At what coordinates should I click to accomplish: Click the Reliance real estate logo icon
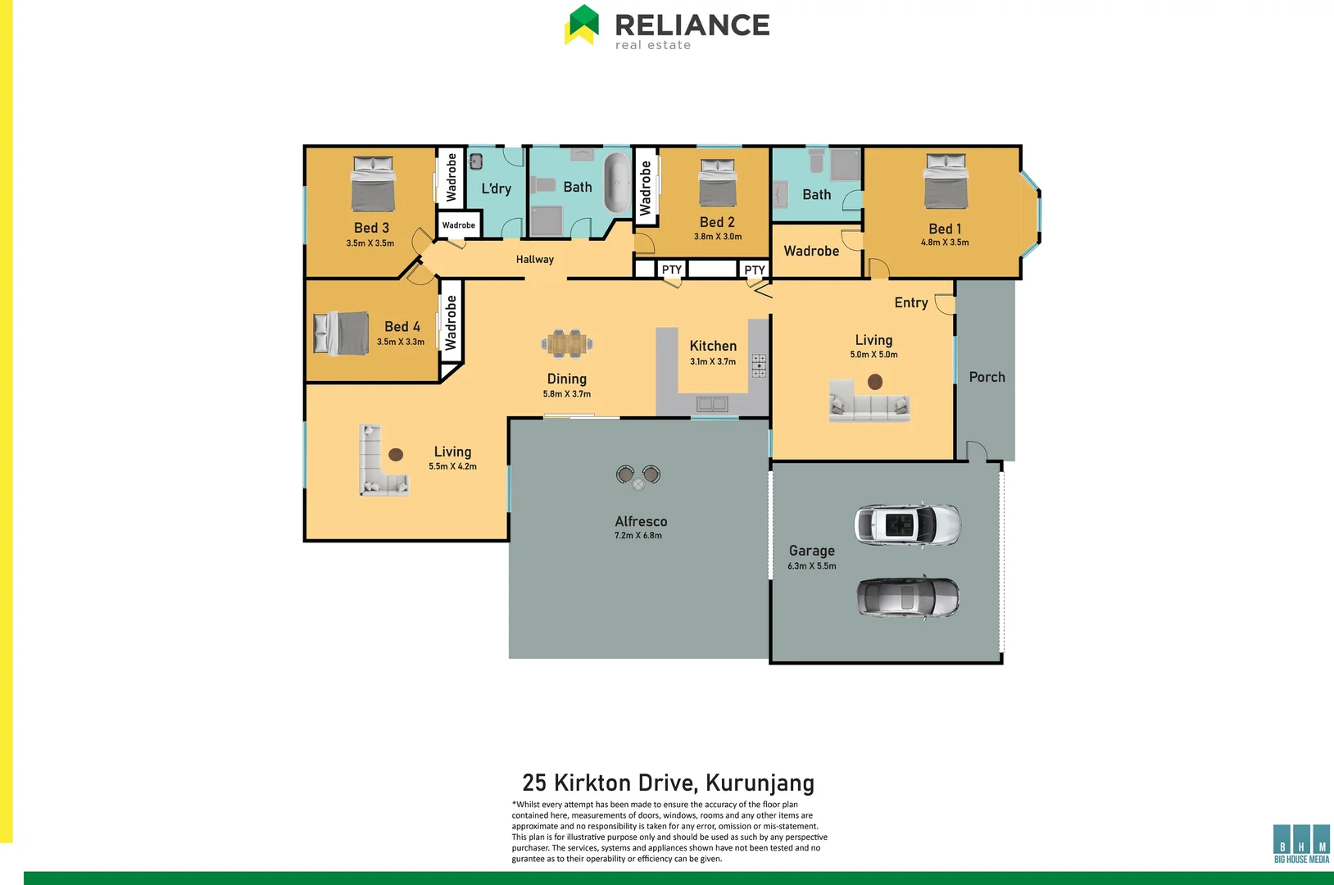[x=582, y=25]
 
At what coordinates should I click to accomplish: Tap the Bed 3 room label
[x=371, y=228]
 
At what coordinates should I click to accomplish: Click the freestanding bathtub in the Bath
[x=617, y=182]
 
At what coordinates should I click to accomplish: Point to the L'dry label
[x=496, y=188]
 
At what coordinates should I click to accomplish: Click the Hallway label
[x=534, y=259]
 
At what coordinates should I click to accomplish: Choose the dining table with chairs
[x=567, y=343]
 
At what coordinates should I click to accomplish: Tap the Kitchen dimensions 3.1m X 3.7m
[x=712, y=361]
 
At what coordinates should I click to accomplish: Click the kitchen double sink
[x=711, y=403]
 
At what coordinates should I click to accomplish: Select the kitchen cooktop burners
[x=759, y=365]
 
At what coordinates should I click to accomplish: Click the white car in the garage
[x=906, y=524]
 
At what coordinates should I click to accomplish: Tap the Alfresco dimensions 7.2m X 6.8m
[x=638, y=536]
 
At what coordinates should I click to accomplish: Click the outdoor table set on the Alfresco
[x=638, y=476]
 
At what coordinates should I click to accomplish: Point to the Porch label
[x=987, y=377]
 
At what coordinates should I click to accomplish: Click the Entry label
[x=910, y=302]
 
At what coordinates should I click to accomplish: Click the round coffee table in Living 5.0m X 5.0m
[x=874, y=381]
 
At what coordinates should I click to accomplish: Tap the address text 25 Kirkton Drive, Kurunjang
[x=668, y=783]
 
